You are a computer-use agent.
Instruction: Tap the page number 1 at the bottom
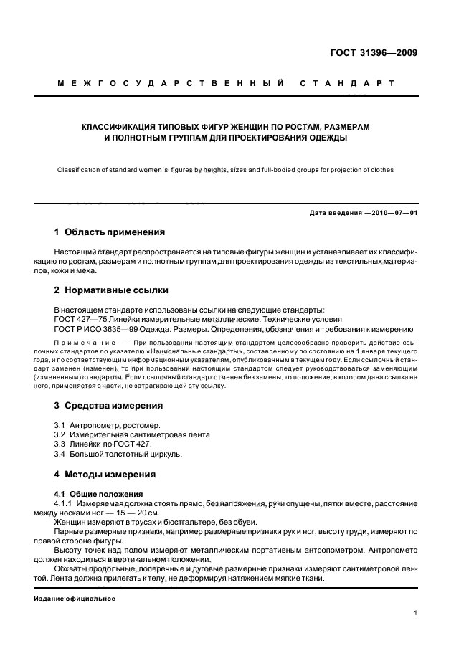[x=416, y=613]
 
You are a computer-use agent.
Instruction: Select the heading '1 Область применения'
[x=110, y=232]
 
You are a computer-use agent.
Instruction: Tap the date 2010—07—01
[x=392, y=214]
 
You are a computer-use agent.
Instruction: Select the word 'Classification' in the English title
[x=79, y=170]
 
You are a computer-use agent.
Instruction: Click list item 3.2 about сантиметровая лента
[x=123, y=434]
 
